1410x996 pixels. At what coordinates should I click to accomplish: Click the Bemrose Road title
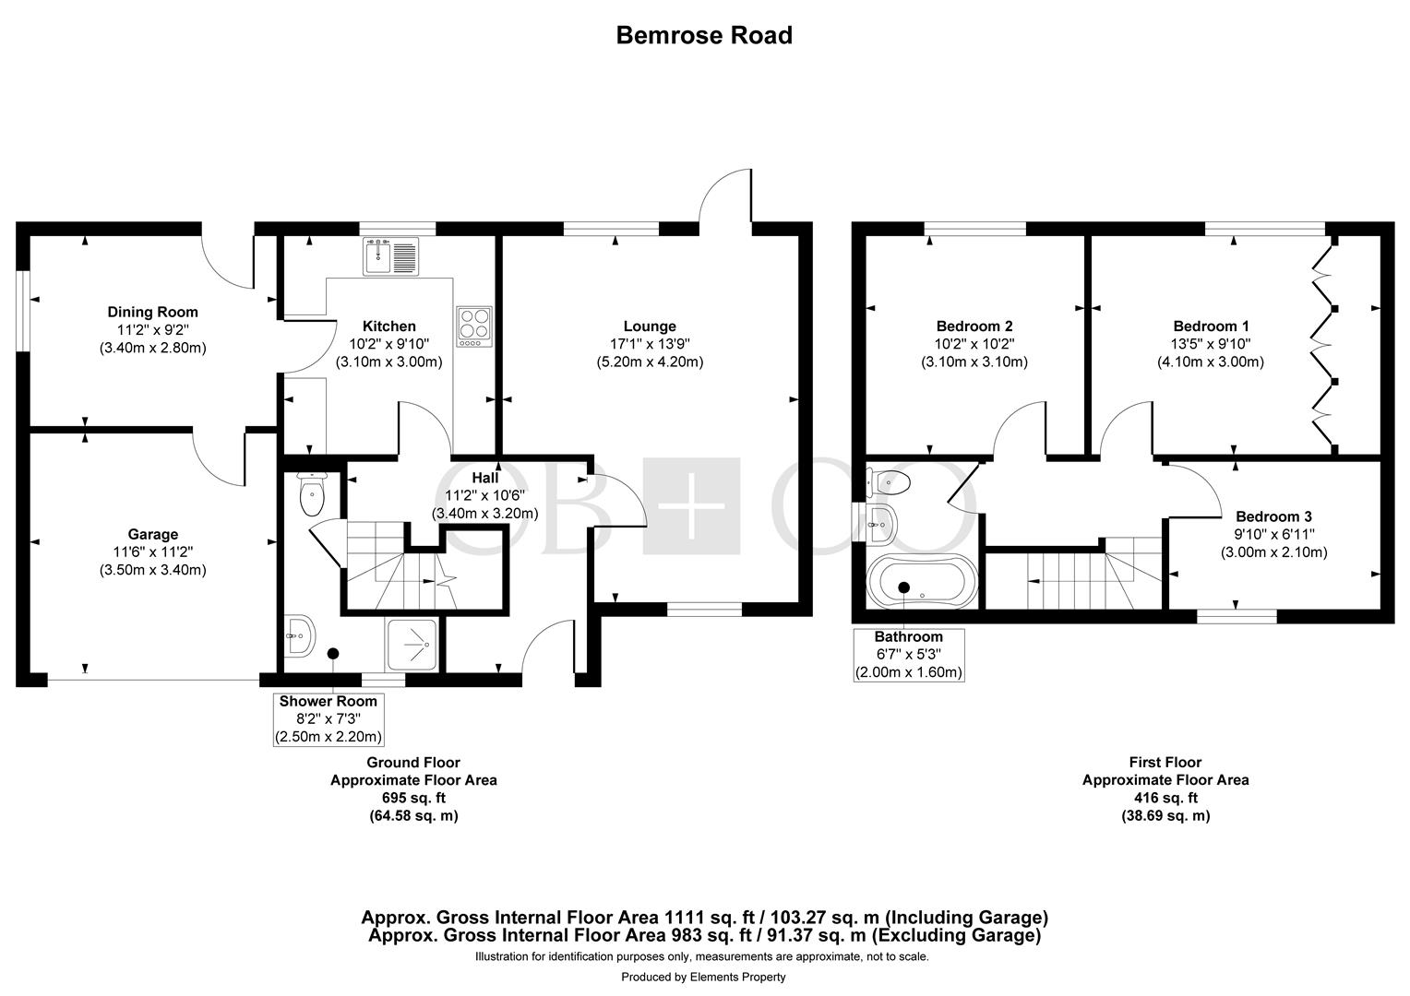coord(704,35)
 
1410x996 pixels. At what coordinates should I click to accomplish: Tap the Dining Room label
coord(153,312)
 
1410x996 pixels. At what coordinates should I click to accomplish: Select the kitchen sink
coord(390,256)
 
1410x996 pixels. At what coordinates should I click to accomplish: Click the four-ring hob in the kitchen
coord(474,326)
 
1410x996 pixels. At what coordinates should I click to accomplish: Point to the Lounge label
coord(650,326)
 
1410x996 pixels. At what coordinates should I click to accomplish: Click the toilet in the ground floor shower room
coord(312,493)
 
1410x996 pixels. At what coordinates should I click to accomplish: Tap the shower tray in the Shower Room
coord(411,645)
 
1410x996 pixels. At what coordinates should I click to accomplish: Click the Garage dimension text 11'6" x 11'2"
coord(153,552)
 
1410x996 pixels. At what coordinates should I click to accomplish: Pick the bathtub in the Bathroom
coord(922,581)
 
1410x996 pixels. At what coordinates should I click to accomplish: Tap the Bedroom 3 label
coord(1274,517)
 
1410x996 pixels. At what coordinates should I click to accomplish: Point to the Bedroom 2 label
coord(974,326)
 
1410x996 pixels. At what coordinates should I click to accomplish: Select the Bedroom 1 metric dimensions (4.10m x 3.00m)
coord(1211,362)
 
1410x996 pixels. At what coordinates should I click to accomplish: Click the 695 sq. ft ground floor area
coord(413,798)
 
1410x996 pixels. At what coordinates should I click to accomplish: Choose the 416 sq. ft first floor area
coord(1165,798)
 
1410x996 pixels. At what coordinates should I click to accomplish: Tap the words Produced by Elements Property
coord(704,978)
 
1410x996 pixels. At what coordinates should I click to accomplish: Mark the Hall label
coord(484,479)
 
